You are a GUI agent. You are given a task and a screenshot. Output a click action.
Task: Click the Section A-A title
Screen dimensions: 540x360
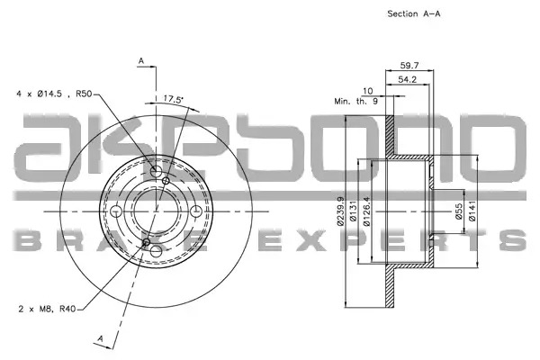coord(414,13)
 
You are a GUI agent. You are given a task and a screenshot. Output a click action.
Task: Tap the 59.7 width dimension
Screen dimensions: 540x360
coord(409,65)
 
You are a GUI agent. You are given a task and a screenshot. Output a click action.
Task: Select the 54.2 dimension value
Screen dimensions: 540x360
coord(408,79)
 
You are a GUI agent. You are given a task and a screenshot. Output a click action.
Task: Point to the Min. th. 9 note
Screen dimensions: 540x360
coord(356,102)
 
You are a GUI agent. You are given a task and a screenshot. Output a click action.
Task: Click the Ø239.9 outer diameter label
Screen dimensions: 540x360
coord(340,211)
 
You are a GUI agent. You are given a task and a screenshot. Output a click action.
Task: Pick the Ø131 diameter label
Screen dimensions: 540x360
coord(352,211)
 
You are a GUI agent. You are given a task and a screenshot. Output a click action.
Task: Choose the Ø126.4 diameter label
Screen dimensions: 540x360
coord(366,211)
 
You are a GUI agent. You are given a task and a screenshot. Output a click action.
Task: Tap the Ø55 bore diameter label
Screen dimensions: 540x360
coord(458,211)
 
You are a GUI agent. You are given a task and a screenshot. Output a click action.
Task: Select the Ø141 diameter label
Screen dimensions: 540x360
coord(472,211)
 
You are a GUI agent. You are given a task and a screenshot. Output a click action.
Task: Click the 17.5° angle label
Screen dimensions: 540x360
coord(173,99)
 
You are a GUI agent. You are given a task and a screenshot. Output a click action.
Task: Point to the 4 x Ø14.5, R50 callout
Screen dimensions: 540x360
coord(54,94)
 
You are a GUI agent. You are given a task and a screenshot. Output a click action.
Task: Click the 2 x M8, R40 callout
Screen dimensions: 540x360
coord(47,309)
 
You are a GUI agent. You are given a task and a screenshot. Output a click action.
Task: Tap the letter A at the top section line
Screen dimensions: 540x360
coord(141,61)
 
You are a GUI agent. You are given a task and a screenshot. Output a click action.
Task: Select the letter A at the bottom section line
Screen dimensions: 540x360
coord(100,338)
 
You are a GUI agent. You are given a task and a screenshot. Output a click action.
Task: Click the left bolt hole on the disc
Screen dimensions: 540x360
coord(116,211)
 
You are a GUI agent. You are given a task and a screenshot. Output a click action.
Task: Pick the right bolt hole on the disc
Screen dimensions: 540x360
coord(196,211)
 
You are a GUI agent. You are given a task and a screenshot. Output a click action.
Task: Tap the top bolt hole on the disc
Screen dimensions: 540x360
coord(156,171)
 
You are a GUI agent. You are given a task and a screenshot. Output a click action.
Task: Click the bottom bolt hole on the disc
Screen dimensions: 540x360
coord(156,251)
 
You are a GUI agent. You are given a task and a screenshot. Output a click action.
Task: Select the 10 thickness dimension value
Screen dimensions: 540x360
coord(368,91)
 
